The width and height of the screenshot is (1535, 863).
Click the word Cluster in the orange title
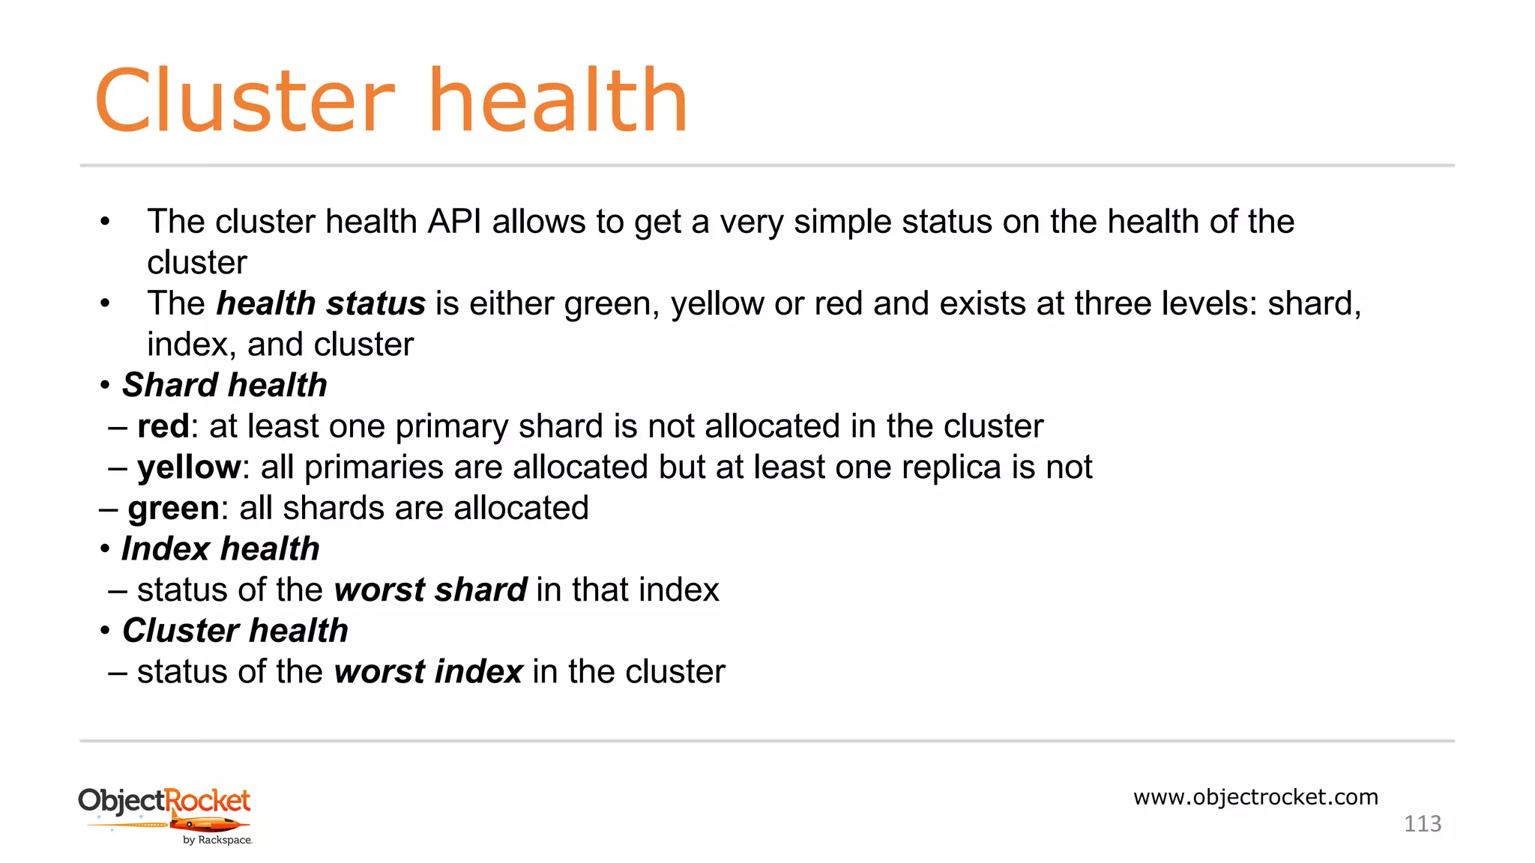244,101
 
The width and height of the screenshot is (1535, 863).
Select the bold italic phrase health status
321,304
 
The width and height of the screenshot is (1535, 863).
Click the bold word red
163,426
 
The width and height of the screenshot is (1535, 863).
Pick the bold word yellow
189,467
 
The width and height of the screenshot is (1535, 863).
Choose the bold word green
173,509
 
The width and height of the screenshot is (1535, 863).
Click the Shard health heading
224,385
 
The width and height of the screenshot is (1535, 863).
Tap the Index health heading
220,549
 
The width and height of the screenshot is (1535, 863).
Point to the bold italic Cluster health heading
235,631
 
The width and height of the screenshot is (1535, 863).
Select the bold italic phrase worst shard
430,590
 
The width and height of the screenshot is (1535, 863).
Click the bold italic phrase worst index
428,672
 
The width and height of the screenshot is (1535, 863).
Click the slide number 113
1422,824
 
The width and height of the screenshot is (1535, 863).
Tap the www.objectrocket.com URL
1255,797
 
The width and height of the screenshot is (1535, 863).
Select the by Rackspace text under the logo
217,841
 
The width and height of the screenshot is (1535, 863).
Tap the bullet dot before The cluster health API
105,222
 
